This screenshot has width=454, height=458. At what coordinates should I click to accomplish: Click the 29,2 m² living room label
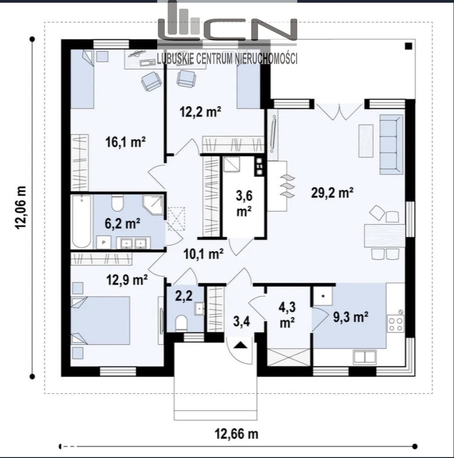332,193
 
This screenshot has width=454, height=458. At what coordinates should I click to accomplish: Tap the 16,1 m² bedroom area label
125,142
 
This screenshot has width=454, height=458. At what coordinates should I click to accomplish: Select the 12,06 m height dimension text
21,208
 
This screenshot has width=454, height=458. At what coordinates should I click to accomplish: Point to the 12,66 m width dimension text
237,434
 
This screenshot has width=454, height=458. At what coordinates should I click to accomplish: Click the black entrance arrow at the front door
240,346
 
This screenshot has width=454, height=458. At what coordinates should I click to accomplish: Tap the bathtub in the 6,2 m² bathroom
81,222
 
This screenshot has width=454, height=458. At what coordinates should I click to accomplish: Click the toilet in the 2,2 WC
181,323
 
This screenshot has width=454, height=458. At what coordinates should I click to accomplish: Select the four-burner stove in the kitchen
396,324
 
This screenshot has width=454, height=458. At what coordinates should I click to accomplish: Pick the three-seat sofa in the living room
391,145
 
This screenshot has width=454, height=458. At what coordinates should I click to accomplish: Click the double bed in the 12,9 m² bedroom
100,321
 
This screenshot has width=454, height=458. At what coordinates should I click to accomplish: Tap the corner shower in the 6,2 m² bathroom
153,206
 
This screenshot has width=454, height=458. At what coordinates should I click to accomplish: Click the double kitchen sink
364,357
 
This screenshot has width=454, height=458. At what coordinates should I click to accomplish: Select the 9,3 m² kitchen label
351,317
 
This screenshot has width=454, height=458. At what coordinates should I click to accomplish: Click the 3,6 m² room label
244,204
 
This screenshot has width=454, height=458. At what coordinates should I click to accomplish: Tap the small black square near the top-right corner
408,46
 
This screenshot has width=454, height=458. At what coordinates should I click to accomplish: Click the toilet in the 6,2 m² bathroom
118,203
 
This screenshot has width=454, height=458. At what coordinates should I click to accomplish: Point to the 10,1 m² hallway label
204,254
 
